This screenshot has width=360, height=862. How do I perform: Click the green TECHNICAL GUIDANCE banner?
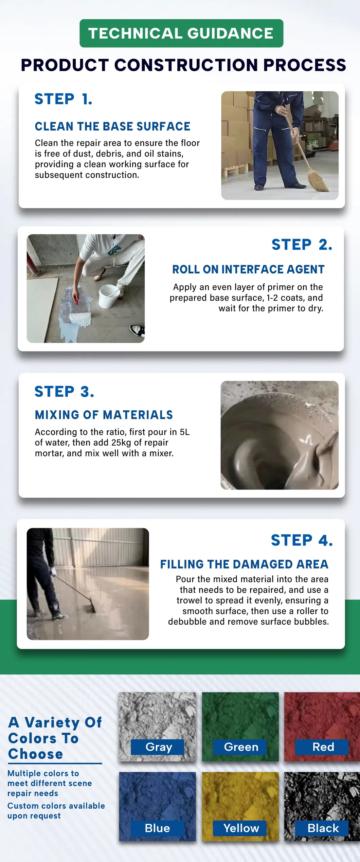(181, 33)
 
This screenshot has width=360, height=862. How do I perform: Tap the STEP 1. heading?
(63, 99)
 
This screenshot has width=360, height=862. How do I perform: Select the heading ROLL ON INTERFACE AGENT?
(248, 269)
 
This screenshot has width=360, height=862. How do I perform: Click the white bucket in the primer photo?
(108, 296)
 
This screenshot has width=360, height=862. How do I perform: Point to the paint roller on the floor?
(80, 318)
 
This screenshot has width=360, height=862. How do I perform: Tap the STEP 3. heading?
(64, 392)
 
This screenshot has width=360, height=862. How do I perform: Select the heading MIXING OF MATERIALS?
(104, 415)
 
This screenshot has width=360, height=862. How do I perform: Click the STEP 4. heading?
(302, 540)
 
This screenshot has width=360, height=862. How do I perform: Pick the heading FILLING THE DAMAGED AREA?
(244, 564)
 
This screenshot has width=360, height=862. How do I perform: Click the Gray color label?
(158, 747)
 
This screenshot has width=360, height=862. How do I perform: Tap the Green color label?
(240, 747)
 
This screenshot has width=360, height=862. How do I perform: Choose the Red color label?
(323, 747)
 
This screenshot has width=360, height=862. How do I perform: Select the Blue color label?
(157, 828)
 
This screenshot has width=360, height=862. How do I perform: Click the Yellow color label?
(240, 828)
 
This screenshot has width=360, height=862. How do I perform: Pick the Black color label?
(323, 828)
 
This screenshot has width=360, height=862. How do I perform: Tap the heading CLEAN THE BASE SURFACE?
(112, 126)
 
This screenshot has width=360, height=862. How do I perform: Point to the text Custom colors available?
(56, 806)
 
